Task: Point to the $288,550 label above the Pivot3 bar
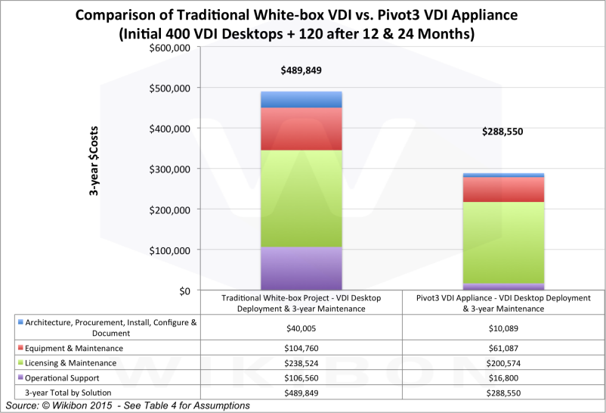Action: click(503, 131)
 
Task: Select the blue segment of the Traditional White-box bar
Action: click(302, 100)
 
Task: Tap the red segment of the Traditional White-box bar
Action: click(302, 129)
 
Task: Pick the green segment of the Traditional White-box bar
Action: click(302, 199)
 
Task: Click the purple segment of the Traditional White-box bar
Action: click(302, 269)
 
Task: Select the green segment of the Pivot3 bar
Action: click(503, 224)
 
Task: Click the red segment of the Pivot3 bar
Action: click(503, 190)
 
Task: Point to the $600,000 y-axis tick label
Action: click(170, 48)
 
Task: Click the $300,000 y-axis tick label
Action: click(170, 169)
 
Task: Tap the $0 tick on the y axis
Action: click(184, 290)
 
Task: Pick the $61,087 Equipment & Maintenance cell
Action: click(503, 348)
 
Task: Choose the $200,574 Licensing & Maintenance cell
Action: click(503, 363)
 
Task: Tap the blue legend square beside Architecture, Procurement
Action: click(20, 322)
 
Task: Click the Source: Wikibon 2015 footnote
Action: click(127, 406)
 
